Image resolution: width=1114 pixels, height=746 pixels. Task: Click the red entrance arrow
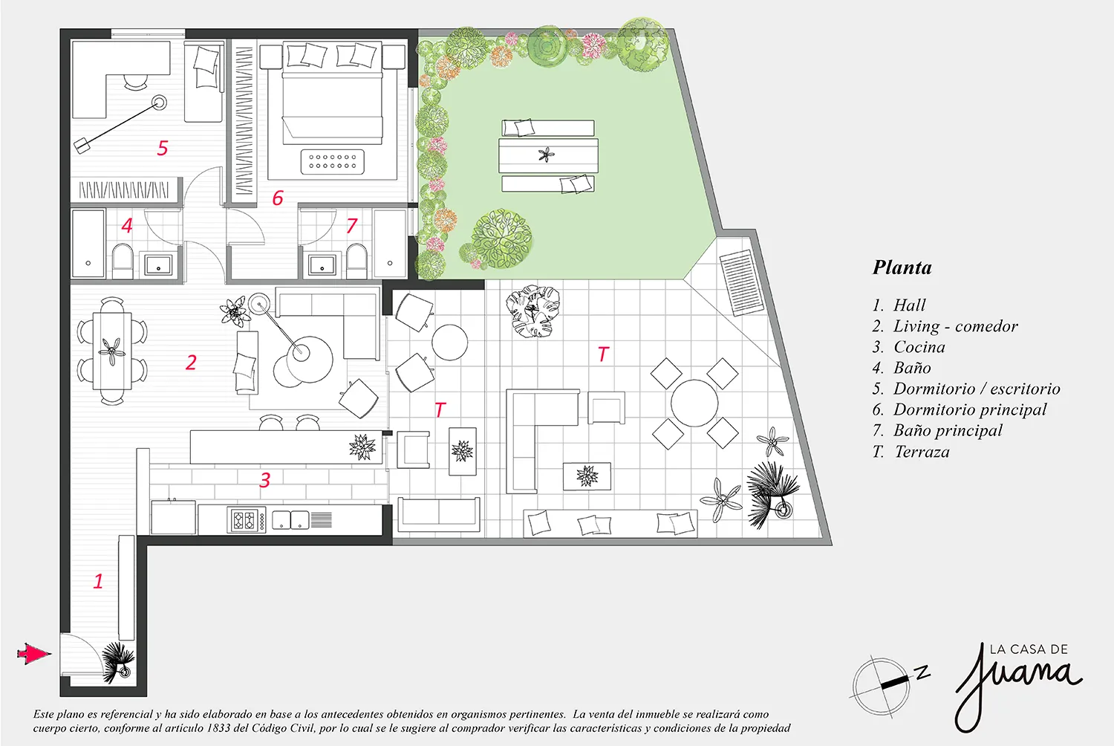(33, 654)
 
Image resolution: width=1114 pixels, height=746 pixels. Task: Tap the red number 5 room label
(163, 148)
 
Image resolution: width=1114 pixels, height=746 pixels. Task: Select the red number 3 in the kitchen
(265, 480)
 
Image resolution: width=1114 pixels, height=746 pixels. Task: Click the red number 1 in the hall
(99, 581)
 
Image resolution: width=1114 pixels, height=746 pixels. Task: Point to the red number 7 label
(352, 225)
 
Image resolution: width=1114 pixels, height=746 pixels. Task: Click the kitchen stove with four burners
(247, 520)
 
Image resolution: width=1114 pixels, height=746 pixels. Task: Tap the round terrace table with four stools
(694, 403)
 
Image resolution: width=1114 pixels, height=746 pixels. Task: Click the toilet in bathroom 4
(123, 260)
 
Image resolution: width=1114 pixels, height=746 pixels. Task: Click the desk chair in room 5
(135, 82)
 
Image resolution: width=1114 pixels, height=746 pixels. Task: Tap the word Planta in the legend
(902, 267)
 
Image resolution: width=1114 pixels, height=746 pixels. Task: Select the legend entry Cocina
(919, 347)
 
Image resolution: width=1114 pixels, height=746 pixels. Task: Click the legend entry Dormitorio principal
(970, 409)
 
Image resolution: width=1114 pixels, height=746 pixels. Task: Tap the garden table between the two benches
(549, 155)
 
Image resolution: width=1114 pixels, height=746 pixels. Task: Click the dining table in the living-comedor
(112, 351)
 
